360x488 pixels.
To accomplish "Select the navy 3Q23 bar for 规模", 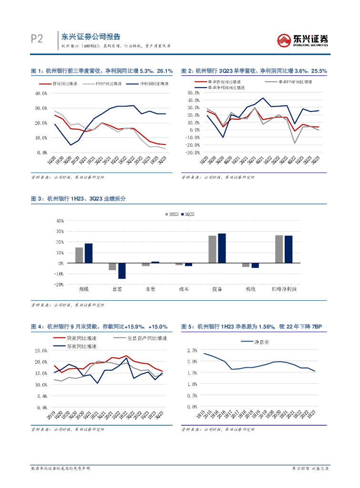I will pyautogui.click(x=89, y=253).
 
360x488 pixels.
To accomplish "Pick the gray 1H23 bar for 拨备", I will pyautogui.click(x=212, y=249).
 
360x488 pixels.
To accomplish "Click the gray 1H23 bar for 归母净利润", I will pyautogui.click(x=279, y=249).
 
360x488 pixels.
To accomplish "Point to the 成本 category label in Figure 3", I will pyautogui.click(x=184, y=289).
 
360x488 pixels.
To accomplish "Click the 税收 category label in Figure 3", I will pyautogui.click(x=250, y=289).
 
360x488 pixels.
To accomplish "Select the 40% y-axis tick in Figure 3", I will pyautogui.click(x=60, y=221).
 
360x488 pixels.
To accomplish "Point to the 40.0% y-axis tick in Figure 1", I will pyautogui.click(x=41, y=93).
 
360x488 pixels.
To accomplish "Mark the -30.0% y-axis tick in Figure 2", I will pyautogui.click(x=193, y=152).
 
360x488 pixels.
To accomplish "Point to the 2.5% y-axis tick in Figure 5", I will pyautogui.click(x=192, y=350).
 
